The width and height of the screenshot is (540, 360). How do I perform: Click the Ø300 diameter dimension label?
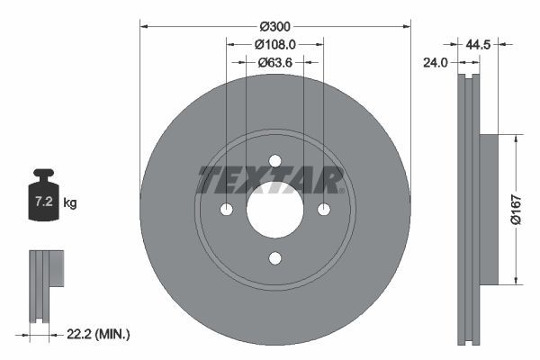tap(275, 27)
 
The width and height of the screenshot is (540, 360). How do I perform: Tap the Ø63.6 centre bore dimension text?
tap(275, 63)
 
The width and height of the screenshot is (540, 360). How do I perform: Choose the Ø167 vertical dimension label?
tap(528, 208)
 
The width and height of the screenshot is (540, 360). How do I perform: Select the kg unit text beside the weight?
tap(70, 203)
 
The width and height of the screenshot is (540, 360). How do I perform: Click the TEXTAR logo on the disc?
tap(271, 179)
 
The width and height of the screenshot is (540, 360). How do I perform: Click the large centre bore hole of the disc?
tap(275, 210)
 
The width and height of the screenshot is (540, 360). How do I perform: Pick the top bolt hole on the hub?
tap(275, 161)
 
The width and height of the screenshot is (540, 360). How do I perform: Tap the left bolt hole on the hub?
tap(227, 210)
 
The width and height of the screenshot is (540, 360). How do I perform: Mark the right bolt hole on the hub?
tap(324, 210)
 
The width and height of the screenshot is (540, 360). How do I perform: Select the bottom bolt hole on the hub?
tap(275, 258)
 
